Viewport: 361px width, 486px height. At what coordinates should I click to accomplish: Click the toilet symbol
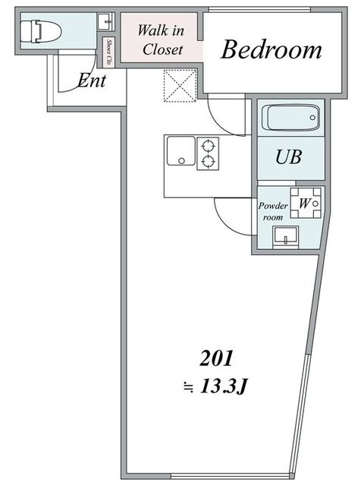tap(41, 31)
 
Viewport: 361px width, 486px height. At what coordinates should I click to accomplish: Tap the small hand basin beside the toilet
tap(106, 21)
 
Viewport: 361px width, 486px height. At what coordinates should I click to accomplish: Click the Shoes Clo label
tap(108, 52)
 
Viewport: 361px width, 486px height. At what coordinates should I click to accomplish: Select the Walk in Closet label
tap(161, 39)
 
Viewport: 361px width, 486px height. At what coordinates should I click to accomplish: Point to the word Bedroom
tap(272, 49)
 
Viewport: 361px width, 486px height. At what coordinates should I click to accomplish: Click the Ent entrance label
tap(92, 80)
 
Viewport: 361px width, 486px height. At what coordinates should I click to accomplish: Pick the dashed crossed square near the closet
tap(180, 86)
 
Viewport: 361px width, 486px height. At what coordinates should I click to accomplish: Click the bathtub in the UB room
tap(290, 118)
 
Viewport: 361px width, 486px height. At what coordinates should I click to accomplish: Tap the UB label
tap(288, 156)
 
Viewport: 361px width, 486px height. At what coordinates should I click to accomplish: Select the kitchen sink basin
tap(181, 151)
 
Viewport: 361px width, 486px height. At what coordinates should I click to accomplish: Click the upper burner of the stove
tap(208, 145)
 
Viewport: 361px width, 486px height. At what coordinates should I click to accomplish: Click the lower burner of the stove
tap(208, 161)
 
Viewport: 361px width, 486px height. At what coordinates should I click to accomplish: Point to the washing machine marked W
tap(306, 203)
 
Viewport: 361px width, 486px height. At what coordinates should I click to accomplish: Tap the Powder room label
tap(273, 211)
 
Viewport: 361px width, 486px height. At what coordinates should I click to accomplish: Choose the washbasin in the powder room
tap(285, 238)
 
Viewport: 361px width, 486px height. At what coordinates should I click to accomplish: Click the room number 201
tap(216, 358)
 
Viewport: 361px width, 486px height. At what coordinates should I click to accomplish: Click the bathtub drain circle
tap(312, 118)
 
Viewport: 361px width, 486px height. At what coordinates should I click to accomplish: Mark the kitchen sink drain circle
tap(181, 161)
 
